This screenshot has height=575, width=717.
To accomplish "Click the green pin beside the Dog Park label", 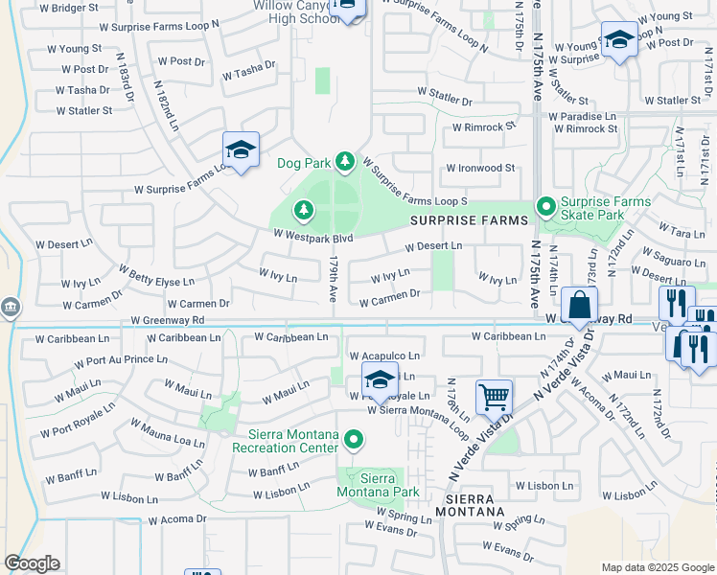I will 344,163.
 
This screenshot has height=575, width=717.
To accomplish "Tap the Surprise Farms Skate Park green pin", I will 545,206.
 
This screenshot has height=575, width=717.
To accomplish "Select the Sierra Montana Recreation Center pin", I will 354,440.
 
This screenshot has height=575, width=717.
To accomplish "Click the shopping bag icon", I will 579,306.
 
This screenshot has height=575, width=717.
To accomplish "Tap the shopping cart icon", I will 494,395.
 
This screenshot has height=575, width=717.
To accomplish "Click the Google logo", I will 32,563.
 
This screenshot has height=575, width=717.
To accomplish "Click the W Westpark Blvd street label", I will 313,234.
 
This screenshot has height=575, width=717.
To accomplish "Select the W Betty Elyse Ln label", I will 155,282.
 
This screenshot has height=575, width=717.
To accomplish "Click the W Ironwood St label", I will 480,168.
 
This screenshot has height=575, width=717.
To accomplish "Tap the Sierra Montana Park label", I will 377,485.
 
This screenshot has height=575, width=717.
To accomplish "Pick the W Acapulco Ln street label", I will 385,356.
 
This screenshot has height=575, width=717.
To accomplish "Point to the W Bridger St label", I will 69,8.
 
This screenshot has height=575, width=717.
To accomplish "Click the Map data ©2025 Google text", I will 657,567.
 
